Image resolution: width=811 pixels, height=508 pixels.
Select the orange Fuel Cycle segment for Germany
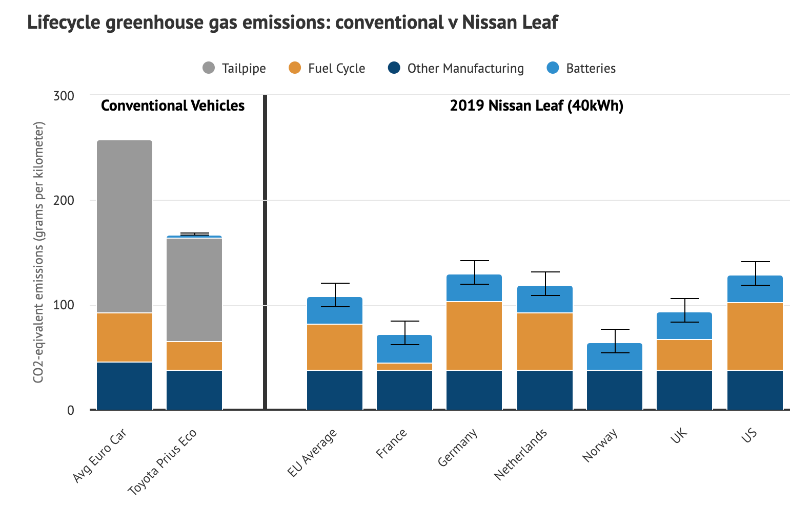point(474,335)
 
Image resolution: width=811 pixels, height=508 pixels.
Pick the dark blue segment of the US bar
point(755,390)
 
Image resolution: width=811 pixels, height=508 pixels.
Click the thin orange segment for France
point(404,367)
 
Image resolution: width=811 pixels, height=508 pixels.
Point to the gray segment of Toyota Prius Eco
point(194,289)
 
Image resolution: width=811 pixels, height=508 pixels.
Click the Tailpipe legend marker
point(209,68)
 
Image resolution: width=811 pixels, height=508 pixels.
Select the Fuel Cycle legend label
point(336,69)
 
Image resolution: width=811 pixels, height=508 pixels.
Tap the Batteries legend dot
point(553,68)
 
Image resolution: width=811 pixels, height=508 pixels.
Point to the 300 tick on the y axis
point(64,96)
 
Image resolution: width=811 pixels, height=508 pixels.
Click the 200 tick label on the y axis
point(64,200)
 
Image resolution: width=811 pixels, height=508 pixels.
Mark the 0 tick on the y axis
point(70,410)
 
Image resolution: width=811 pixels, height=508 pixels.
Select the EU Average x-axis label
point(312,453)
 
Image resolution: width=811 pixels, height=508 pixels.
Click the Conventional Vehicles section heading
point(173,105)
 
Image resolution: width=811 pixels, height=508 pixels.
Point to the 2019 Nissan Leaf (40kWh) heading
point(536,105)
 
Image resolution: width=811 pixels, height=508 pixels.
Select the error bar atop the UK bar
point(685,310)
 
